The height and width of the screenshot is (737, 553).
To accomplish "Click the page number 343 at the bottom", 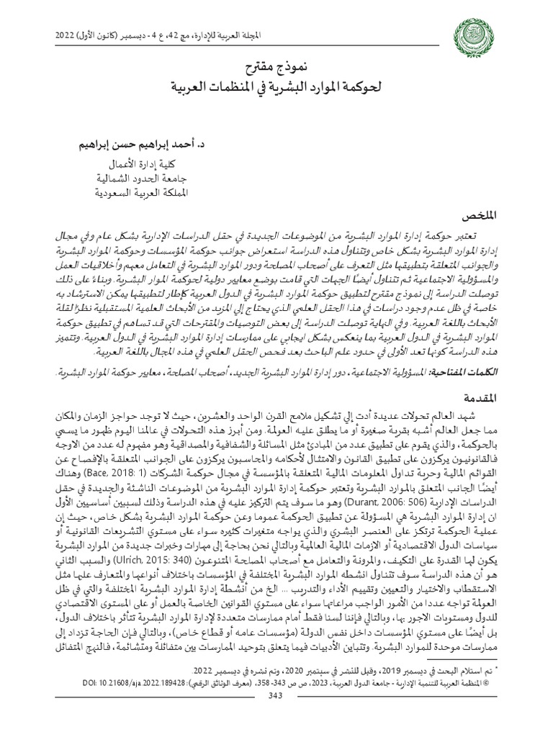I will (x=276, y=720).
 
